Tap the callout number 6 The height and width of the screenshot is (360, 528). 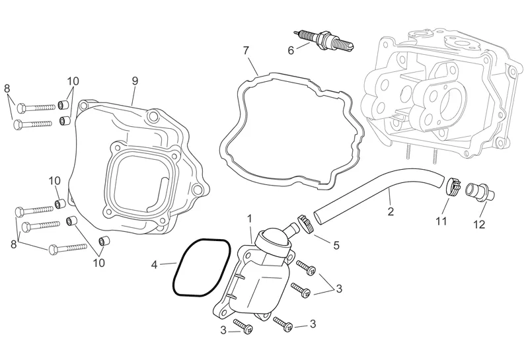290,50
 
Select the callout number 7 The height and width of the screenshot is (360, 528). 246,50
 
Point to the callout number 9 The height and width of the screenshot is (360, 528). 134,81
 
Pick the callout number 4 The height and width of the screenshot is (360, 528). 155,265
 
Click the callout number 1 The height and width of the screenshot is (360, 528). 250,217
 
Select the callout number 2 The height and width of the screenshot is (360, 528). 391,211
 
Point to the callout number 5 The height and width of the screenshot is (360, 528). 336,245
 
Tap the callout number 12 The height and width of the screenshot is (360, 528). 479,225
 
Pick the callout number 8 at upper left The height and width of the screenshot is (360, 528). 7,89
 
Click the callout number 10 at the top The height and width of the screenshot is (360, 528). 73,81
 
